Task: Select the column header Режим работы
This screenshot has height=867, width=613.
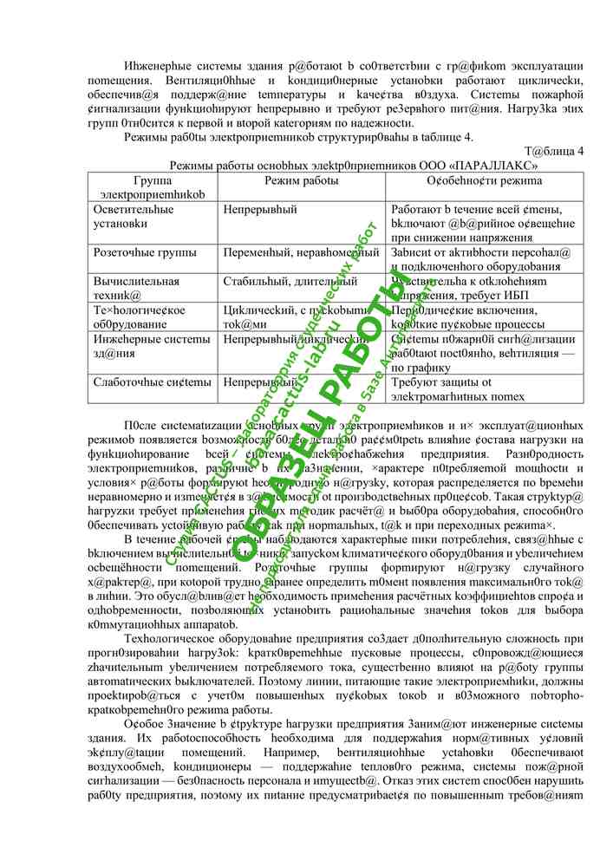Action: coord(301,181)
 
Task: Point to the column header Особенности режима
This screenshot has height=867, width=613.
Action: coord(484,181)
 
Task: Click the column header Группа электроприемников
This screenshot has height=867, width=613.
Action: coord(153,188)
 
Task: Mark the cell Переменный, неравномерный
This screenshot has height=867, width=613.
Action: coord(300,253)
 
